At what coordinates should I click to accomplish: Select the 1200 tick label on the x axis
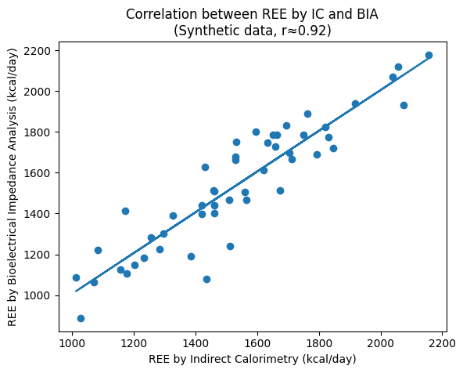(134, 342)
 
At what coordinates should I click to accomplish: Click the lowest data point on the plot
(81, 318)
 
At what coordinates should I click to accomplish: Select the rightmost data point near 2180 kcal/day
(429, 56)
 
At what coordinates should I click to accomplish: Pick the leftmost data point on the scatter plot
(76, 277)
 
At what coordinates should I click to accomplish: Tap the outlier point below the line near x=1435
(206, 279)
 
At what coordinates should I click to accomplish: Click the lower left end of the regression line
(76, 291)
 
